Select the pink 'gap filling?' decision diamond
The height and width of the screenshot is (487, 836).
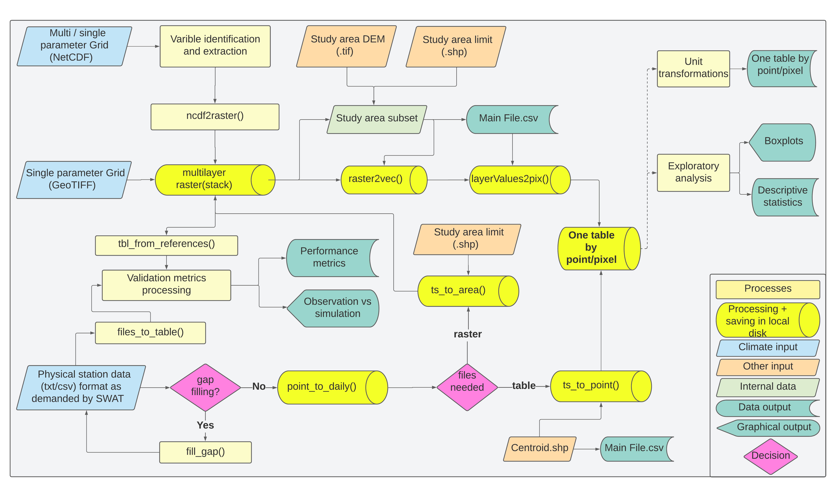(x=205, y=387)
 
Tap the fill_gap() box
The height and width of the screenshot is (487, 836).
(x=205, y=452)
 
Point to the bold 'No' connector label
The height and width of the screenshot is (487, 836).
(x=259, y=387)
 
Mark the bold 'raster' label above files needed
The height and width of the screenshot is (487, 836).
(x=467, y=334)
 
